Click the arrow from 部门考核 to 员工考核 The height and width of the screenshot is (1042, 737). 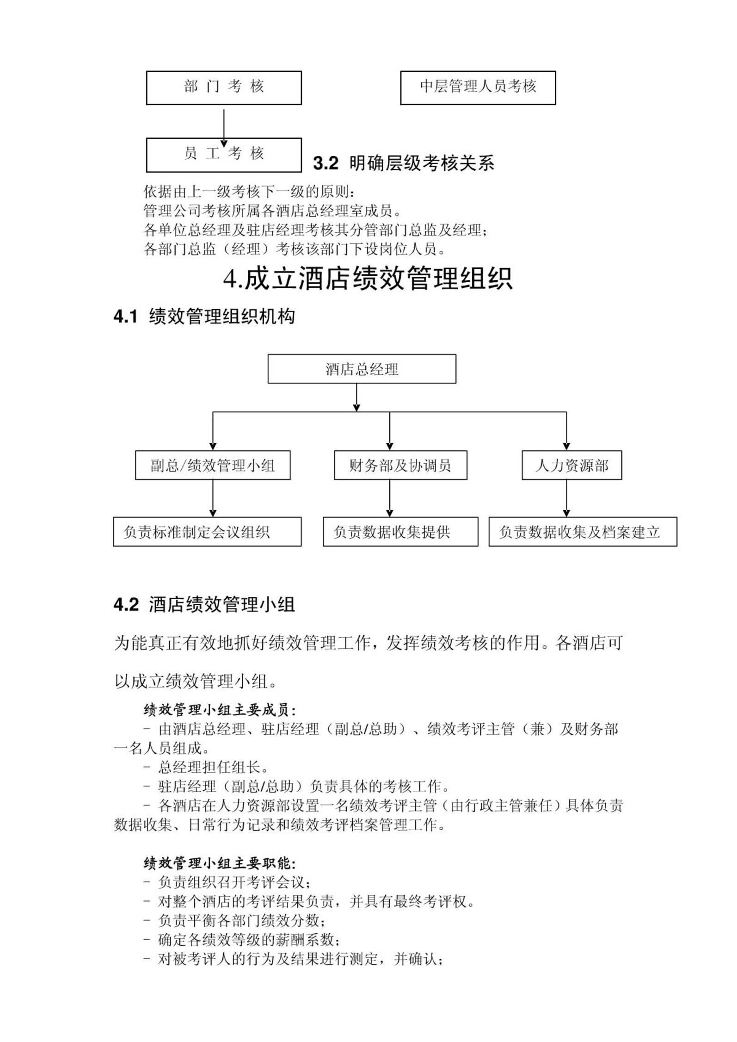pos(224,128)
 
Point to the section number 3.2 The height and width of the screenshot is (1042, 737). pos(326,163)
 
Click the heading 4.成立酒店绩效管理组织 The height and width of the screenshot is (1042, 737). pos(368,279)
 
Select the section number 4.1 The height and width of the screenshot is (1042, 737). pos(126,317)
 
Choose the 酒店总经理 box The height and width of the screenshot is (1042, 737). pos(362,369)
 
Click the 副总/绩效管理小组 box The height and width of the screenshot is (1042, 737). pos(213,465)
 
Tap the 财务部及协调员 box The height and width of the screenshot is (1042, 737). pos(400,465)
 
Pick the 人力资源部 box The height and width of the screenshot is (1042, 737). pos(572,465)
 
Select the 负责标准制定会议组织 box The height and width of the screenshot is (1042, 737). pos(207,532)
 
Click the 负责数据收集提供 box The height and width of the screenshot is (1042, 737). pos(400,532)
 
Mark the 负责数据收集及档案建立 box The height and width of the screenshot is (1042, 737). pos(583,532)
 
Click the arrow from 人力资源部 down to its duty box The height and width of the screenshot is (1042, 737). pos(566,498)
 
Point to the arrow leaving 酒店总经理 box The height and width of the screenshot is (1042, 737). pos(356,397)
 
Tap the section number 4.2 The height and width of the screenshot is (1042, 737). pos(126,605)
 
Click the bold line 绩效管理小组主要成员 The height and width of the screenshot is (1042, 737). pos(220,709)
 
